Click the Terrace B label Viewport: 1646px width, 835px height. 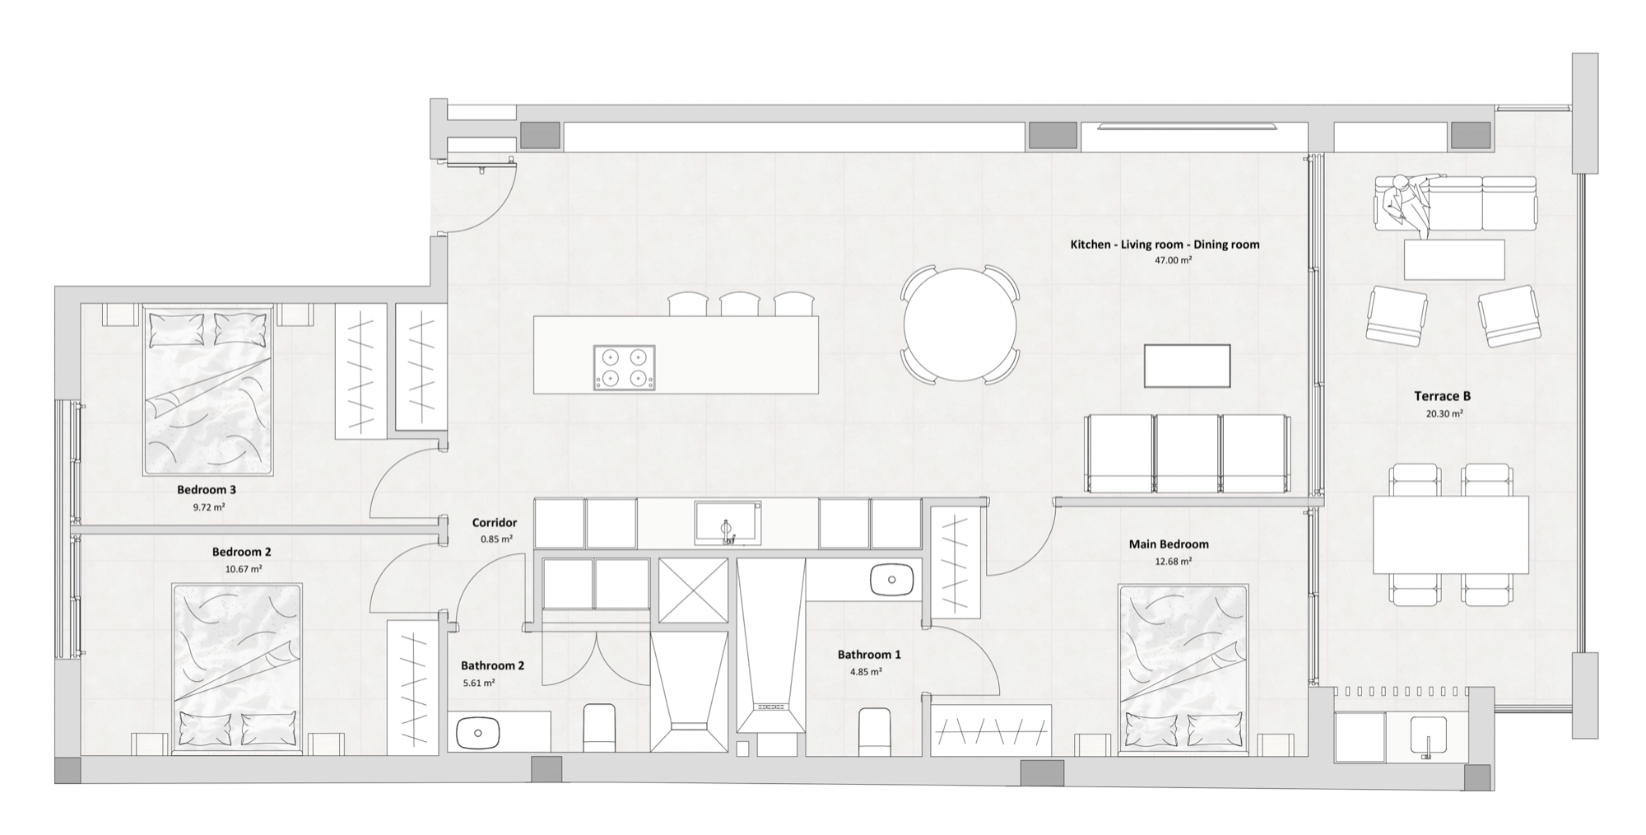(1442, 396)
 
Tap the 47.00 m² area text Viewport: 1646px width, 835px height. (1173, 260)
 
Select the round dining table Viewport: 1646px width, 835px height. (960, 324)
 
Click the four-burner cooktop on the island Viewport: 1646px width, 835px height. (624, 367)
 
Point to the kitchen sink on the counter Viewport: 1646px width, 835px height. (727, 523)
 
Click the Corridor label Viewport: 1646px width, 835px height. (495, 523)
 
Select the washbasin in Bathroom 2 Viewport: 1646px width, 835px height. (477, 731)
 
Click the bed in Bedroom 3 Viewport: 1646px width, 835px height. (208, 391)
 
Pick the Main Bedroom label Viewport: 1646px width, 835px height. (1168, 544)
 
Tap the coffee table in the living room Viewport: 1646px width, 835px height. (1187, 366)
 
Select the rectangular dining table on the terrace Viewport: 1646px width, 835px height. (1450, 534)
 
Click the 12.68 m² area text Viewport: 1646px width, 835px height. (1173, 562)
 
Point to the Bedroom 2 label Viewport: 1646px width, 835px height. (241, 553)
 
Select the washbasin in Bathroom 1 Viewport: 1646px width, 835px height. (892, 579)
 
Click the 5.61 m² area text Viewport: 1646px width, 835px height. (478, 683)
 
